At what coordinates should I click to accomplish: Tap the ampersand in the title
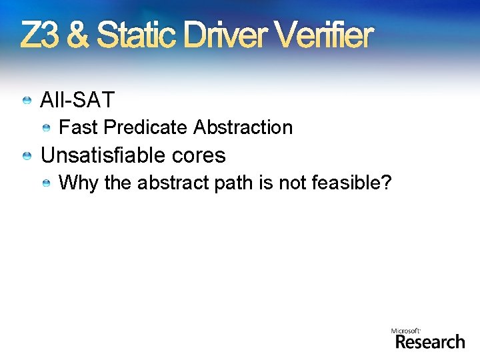78,36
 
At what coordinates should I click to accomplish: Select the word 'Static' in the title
137,36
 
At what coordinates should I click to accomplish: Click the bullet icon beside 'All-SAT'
27,101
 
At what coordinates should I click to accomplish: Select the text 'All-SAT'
77,101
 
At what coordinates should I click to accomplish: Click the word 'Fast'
79,127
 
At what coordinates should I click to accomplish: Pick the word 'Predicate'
147,127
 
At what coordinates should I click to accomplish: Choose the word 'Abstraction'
245,127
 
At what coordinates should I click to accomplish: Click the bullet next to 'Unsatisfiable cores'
27,156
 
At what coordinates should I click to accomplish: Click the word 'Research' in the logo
429,342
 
